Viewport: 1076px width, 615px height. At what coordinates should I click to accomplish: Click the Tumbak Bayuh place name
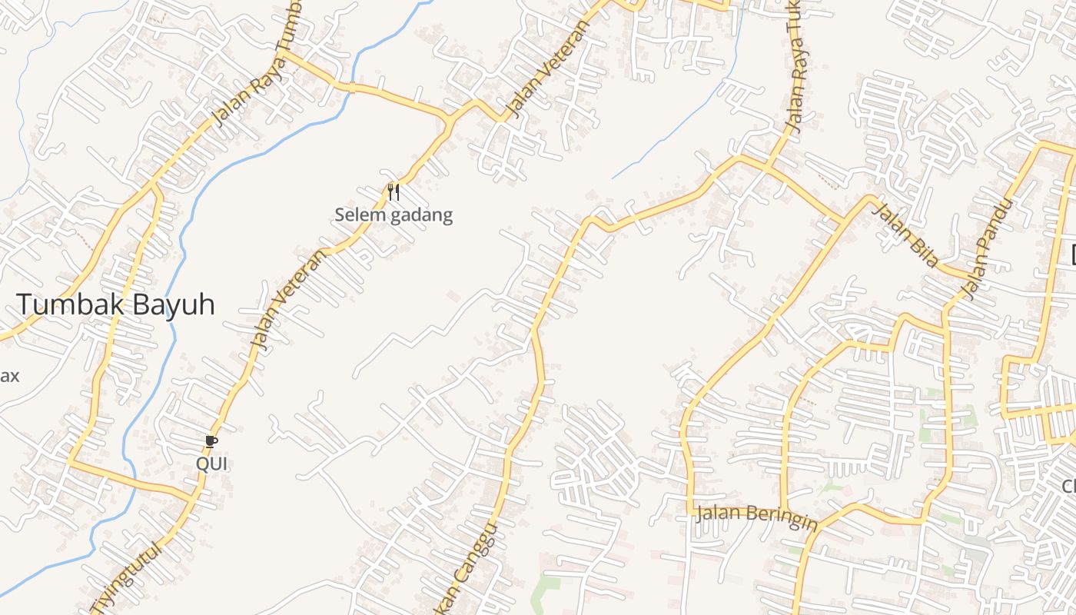click(115, 305)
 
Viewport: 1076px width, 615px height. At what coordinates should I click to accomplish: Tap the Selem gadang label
click(394, 215)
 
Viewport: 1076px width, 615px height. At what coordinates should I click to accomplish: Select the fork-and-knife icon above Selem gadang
click(394, 191)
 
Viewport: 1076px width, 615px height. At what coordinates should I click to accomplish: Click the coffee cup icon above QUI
click(211, 441)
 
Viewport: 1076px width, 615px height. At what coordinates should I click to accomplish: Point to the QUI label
click(212, 464)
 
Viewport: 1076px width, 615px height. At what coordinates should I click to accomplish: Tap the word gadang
click(422, 215)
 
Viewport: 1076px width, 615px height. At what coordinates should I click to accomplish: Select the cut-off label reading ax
click(9, 377)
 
